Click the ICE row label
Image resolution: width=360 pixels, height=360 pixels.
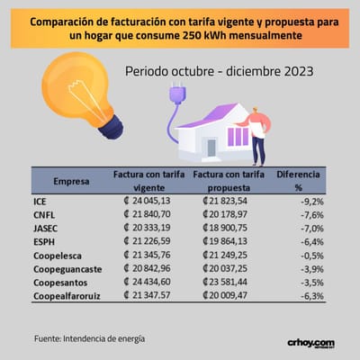(40, 202)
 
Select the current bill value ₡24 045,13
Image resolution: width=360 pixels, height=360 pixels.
(147, 201)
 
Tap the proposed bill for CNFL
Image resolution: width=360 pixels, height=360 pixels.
(225, 214)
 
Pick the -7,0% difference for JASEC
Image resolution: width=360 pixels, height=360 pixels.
(312, 229)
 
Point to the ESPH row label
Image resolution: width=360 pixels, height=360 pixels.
(44, 242)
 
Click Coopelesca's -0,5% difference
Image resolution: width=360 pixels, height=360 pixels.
(312, 256)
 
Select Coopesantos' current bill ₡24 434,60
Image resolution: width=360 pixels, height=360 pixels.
(147, 282)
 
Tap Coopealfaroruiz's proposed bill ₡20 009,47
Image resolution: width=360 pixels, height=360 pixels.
(225, 295)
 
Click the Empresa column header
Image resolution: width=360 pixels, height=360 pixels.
(71, 181)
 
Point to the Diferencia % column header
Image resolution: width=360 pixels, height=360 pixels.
(298, 181)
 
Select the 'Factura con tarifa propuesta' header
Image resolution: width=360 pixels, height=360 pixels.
(229, 181)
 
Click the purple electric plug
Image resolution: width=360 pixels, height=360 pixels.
(177, 92)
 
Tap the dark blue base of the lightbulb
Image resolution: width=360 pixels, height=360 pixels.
(112, 127)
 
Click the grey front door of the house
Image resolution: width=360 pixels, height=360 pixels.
(211, 148)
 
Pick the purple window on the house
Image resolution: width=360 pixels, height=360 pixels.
(238, 137)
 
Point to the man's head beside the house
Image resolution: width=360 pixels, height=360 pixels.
(256, 111)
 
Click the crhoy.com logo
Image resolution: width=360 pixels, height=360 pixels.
(310, 344)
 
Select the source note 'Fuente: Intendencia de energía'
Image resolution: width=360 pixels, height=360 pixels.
(89, 338)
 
